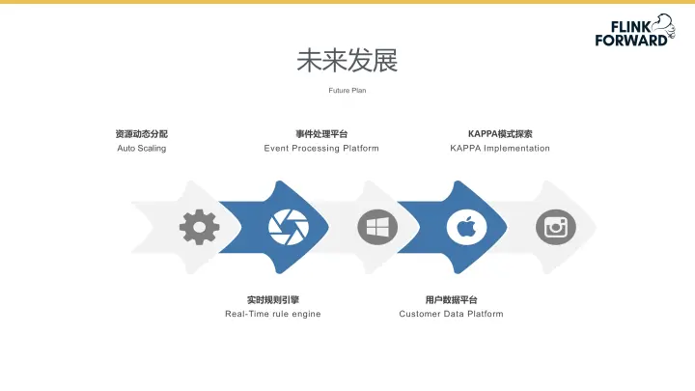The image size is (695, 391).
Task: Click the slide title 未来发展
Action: coord(347,61)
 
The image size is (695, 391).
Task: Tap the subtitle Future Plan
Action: coord(347,91)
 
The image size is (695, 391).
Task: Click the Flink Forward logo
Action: coord(633,31)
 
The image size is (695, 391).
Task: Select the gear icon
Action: coord(199,227)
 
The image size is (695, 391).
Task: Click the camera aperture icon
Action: coord(289,227)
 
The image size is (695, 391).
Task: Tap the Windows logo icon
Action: coord(377,227)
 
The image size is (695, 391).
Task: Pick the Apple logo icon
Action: coord(466,227)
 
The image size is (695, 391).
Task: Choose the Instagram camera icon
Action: coord(555,227)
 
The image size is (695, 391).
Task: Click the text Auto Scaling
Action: coord(141,149)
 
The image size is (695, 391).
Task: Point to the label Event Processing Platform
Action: coord(321,149)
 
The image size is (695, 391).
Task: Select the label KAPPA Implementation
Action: coord(500,149)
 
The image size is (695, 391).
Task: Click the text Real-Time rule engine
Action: coord(273,314)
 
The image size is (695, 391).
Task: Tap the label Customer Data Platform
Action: coord(451,314)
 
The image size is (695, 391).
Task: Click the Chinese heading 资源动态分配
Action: coord(141,134)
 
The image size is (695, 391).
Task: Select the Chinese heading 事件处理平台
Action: coord(321,134)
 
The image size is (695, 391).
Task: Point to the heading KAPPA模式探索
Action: coord(500,134)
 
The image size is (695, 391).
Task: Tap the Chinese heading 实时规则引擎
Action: coord(273,299)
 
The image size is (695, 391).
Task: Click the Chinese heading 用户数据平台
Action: coord(451,299)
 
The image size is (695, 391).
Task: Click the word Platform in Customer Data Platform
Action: coord(485,314)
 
